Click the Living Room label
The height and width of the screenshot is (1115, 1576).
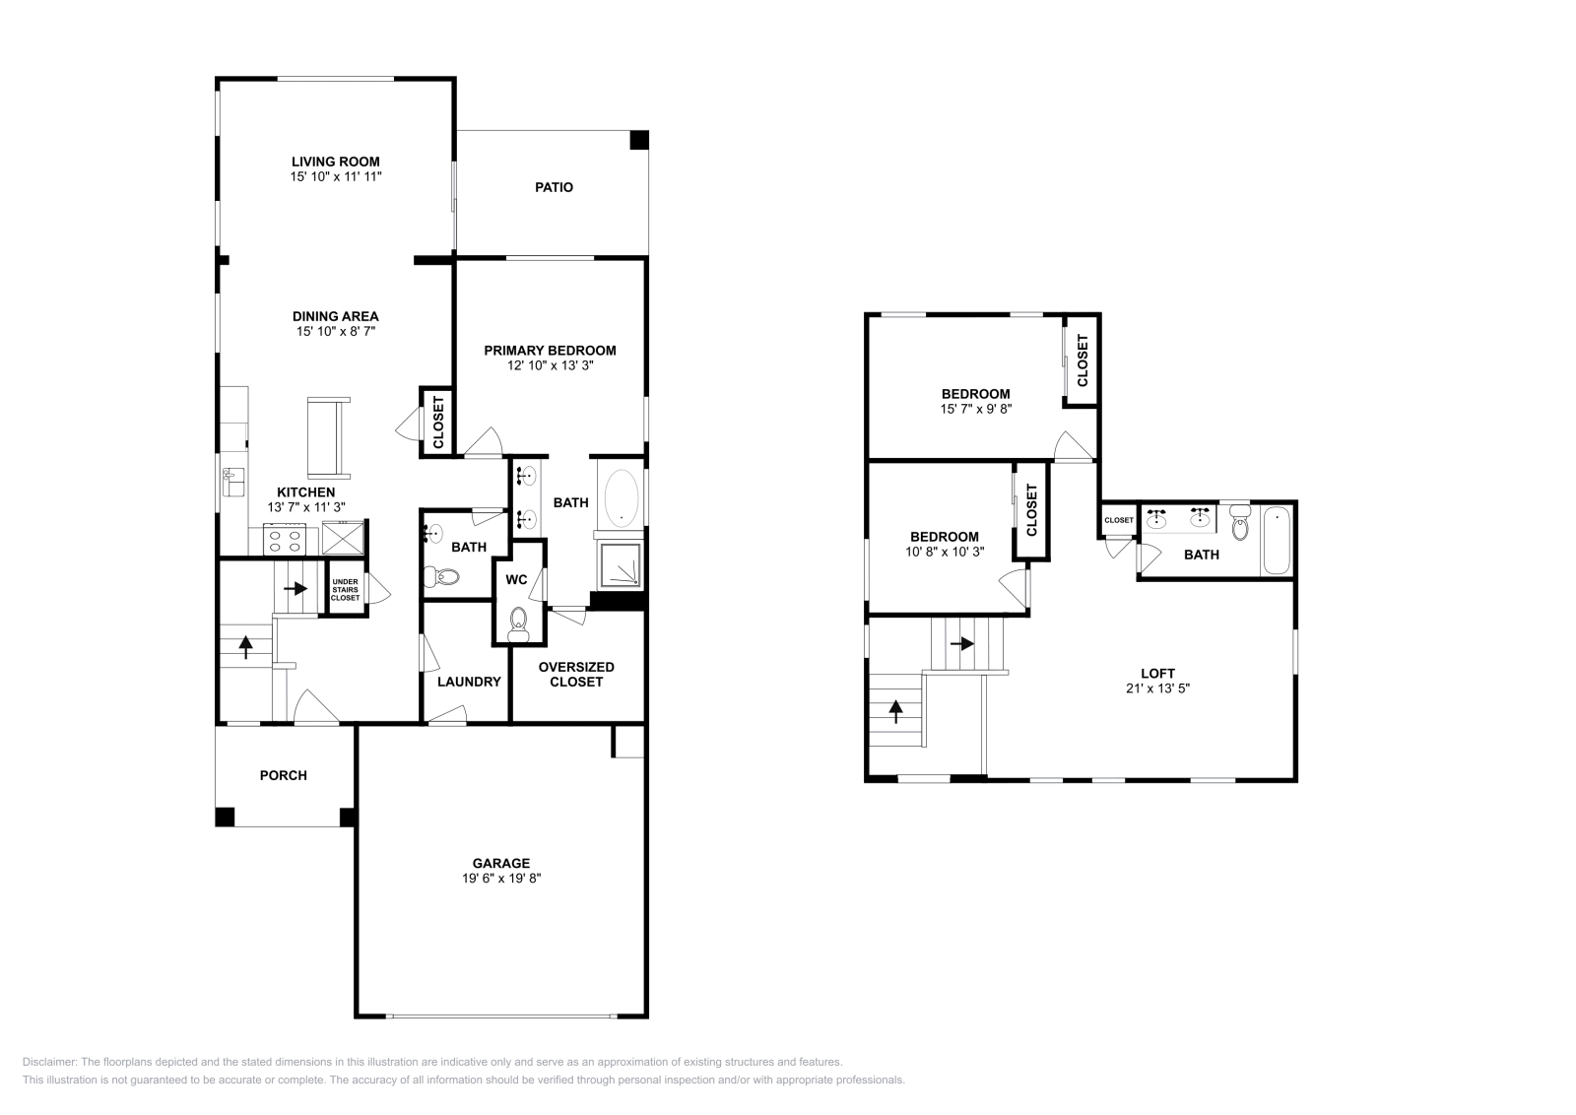[335, 162]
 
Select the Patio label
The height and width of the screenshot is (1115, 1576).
[554, 187]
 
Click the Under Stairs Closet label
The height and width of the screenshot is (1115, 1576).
[345, 589]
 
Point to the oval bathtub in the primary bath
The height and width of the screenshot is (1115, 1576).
[621, 496]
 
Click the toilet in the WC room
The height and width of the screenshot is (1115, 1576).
[518, 622]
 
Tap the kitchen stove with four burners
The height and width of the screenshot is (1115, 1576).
[286, 540]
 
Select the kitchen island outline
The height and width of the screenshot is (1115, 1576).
[329, 436]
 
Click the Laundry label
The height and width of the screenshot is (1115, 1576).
[469, 682]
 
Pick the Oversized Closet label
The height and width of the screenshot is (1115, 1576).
[576, 674]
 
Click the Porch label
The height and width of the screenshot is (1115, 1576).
[284, 775]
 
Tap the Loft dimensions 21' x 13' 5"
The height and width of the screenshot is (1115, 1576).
[1157, 689]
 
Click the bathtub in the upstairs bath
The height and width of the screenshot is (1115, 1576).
[1277, 540]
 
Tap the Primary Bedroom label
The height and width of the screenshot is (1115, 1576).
[550, 350]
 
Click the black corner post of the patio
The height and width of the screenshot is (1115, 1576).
[639, 140]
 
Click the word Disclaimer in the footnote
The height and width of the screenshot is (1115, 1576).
[48, 1062]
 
